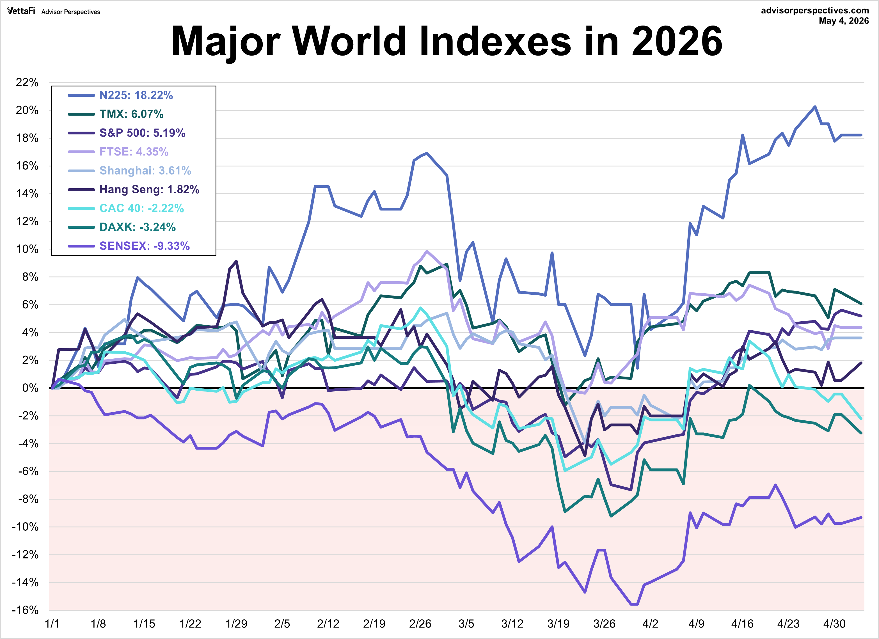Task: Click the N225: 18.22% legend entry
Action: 136,95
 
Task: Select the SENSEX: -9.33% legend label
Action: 145,246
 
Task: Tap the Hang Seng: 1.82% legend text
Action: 149,189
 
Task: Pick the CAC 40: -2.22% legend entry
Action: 141,209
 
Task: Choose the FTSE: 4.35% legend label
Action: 134,152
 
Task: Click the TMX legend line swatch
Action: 81,114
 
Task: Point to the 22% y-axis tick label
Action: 27,83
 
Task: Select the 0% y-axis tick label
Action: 30,388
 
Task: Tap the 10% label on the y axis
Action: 27,249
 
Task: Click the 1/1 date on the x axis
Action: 52,624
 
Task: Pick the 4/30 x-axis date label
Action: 834,624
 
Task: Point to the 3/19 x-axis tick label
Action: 558,624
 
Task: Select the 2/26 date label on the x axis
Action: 420,624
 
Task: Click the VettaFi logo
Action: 21,11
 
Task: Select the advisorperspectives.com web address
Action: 815,10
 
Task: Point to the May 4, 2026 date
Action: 844,21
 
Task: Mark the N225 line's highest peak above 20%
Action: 815,107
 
